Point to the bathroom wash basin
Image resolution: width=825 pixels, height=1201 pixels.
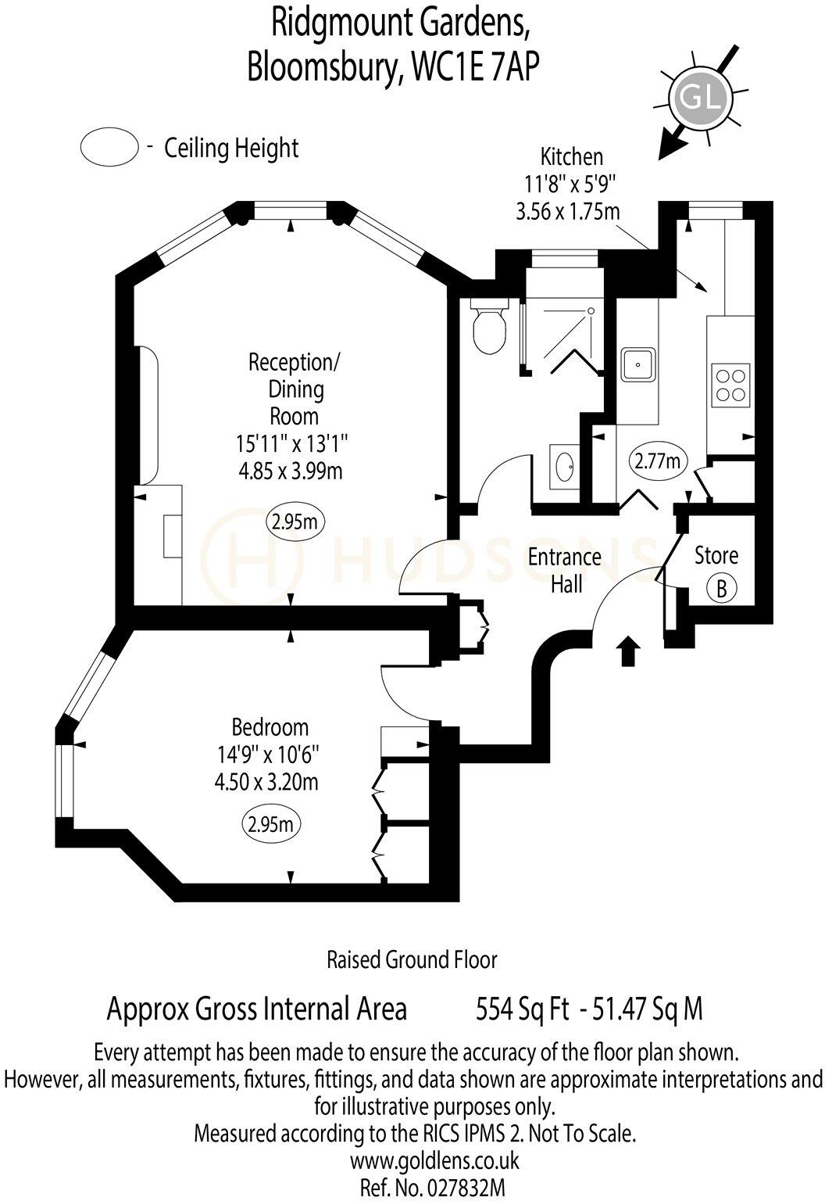click(x=564, y=468)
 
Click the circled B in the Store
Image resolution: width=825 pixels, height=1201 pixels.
click(x=722, y=588)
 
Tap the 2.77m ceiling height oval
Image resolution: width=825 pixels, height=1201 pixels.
click(x=657, y=461)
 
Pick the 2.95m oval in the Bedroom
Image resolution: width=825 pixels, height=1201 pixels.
click(x=271, y=823)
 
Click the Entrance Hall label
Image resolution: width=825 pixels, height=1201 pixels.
click(x=565, y=570)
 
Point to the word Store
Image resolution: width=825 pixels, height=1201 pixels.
click(x=716, y=556)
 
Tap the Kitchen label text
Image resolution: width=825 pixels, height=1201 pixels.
click(x=571, y=157)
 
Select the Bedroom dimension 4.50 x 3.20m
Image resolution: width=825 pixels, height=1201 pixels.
click(x=269, y=782)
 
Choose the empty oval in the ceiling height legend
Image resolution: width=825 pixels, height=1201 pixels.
click(x=109, y=148)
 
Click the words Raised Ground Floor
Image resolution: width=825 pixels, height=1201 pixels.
click(x=412, y=959)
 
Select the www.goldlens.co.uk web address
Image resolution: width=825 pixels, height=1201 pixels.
click(x=434, y=1160)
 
